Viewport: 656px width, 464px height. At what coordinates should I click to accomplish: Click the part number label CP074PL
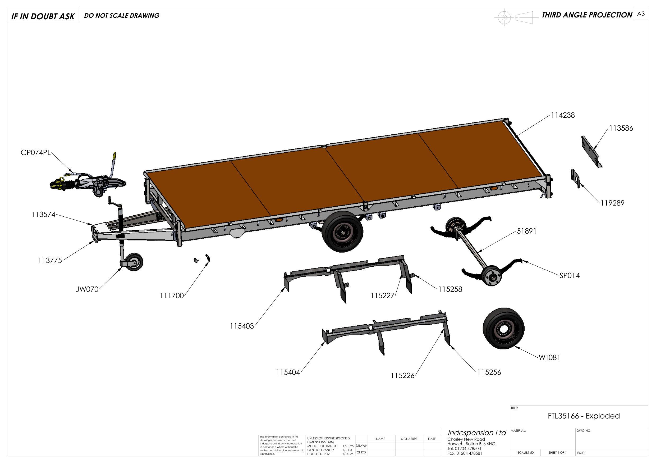[x=35, y=153]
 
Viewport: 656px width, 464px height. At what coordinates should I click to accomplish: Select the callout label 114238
[x=563, y=116]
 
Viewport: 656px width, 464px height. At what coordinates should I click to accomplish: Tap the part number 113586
[x=621, y=128]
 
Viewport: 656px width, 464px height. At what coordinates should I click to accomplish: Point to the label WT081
[x=549, y=357]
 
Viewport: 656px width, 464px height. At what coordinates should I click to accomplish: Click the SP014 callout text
[x=570, y=276]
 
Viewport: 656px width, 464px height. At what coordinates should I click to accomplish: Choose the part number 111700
[x=172, y=295]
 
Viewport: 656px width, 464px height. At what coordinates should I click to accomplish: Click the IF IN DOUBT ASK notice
[x=43, y=16]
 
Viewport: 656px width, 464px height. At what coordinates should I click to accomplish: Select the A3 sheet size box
[x=641, y=14]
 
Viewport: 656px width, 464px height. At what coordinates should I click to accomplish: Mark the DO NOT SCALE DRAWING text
[x=122, y=15]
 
